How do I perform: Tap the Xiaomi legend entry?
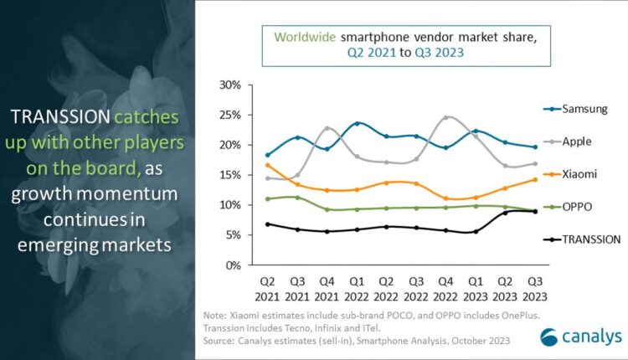pyautogui.click(x=579, y=174)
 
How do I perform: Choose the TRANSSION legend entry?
pyautogui.click(x=591, y=239)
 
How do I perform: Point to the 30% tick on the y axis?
pyautogui.click(x=230, y=85)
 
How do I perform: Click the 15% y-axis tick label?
pyautogui.click(x=230, y=175)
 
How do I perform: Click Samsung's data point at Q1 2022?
pyautogui.click(x=358, y=123)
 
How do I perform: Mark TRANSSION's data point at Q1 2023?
pyautogui.click(x=475, y=231)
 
